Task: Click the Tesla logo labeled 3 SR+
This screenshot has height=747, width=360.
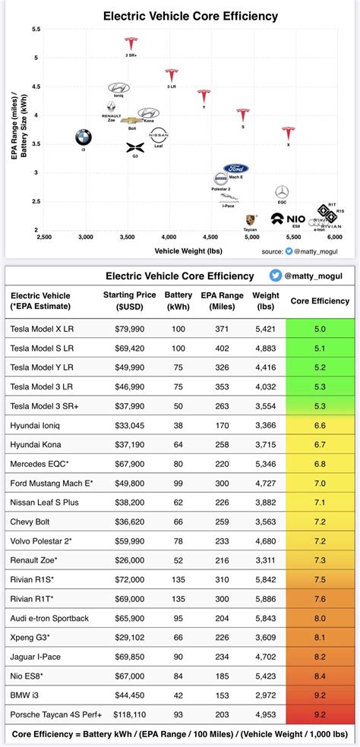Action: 131,45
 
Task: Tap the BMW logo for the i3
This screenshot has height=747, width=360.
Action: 84,137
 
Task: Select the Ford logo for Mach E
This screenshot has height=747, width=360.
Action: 236,169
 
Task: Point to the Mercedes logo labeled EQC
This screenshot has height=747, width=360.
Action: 282,192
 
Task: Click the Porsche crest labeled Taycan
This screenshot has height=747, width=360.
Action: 251,219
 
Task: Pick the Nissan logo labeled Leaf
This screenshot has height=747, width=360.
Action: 159,137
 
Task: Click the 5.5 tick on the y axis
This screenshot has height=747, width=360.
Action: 36,29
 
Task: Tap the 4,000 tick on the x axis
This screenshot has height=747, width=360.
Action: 169,237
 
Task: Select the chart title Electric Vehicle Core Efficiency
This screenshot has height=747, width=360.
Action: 179,15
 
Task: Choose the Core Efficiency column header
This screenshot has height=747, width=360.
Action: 320,301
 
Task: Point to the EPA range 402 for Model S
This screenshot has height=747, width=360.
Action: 221,348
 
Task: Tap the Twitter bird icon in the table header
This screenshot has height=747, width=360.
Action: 279,276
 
